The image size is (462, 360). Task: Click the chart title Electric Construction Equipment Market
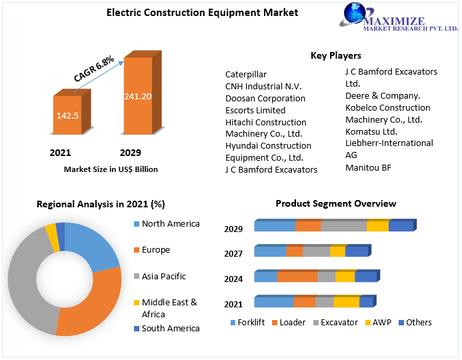click(193, 13)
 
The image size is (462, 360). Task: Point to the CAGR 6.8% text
click(94, 69)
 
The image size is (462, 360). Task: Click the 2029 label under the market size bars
click(130, 153)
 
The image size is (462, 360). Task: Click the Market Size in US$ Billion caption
click(111, 169)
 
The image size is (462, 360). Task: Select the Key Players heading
click(335, 55)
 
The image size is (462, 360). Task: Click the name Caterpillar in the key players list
click(246, 74)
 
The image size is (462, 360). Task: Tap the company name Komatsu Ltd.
click(371, 131)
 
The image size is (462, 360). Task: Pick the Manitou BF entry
click(368, 167)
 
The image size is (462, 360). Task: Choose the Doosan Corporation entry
click(265, 98)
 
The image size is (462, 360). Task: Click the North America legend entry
click(170, 224)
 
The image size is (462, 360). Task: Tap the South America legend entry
click(170, 328)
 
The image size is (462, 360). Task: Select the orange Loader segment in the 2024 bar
click(297, 277)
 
